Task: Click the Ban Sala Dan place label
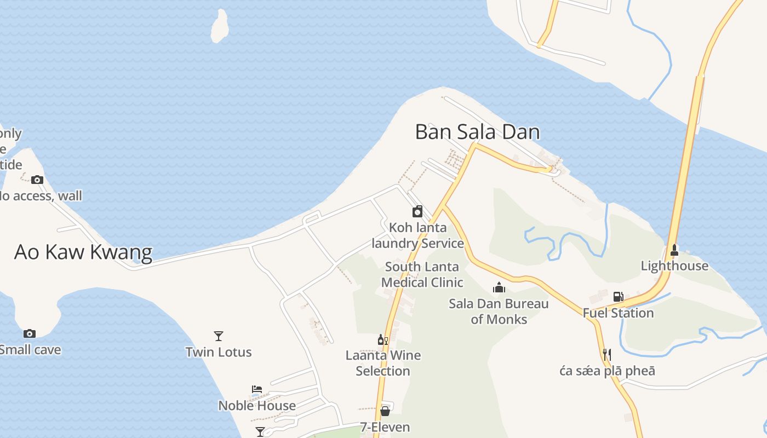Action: point(477,132)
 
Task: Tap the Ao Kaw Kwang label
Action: point(83,252)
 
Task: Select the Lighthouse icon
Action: point(674,250)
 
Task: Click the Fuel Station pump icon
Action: point(618,297)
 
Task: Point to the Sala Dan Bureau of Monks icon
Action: point(499,287)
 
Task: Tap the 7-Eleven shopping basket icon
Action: point(385,411)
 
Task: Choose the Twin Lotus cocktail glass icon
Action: point(219,336)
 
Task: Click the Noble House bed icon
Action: point(257,389)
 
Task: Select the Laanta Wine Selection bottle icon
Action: point(382,340)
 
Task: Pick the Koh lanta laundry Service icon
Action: point(417,211)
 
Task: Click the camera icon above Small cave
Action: point(30,333)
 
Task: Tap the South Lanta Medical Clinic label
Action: point(422,275)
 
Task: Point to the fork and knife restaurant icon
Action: point(606,355)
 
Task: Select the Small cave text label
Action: point(30,350)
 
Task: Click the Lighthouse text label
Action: point(674,266)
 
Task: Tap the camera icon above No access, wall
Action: point(37,180)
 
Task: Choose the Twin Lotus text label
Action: point(219,352)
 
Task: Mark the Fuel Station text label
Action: point(618,313)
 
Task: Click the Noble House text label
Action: point(257,406)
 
